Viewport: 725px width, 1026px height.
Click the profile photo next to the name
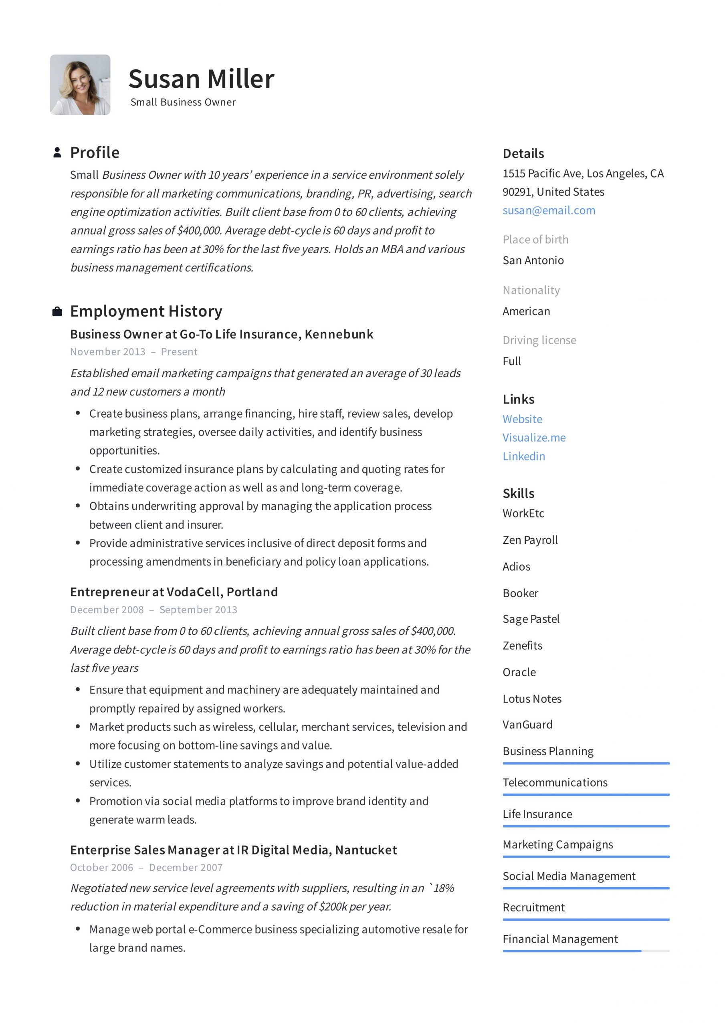coord(80,85)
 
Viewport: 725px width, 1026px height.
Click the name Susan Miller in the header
coord(201,79)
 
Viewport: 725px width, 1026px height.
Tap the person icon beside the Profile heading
coord(57,152)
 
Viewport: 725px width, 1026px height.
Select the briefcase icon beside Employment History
coord(57,311)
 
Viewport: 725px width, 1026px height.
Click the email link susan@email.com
coord(548,210)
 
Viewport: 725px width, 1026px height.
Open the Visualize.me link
coord(534,438)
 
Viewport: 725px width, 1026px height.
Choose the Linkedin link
coord(523,456)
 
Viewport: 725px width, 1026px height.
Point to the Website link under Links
coord(522,419)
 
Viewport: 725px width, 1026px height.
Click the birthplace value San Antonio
coord(533,261)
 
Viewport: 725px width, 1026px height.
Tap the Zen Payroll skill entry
coord(530,540)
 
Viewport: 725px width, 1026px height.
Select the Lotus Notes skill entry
coord(531,699)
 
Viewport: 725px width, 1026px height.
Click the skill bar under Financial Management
coord(586,951)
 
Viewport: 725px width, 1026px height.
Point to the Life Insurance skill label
coord(537,814)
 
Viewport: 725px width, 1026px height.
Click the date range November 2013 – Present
coord(133,351)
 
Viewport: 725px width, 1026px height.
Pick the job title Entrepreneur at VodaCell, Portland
coord(174,592)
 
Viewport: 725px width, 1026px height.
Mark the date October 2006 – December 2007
coord(146,867)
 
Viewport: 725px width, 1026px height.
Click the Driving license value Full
coord(511,361)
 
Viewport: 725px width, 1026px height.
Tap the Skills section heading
coord(518,493)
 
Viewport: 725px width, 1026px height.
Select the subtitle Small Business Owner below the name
coord(183,102)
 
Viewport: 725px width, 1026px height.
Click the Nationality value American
coord(526,311)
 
